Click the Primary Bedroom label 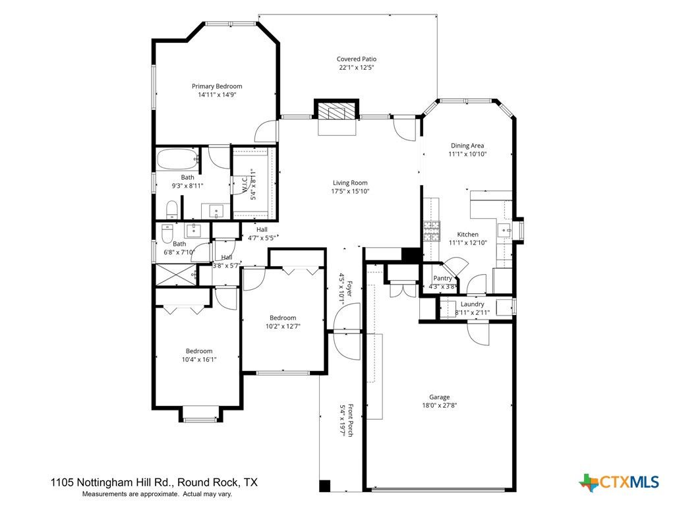[216, 86]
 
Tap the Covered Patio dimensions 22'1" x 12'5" [357, 68]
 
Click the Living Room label [349, 183]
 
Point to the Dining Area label [467, 146]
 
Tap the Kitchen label [467, 235]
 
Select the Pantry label [442, 278]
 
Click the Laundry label [472, 304]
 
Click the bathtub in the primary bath [177, 159]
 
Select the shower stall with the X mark [175, 274]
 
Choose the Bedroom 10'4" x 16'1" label [198, 351]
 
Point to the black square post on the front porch [324, 486]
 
